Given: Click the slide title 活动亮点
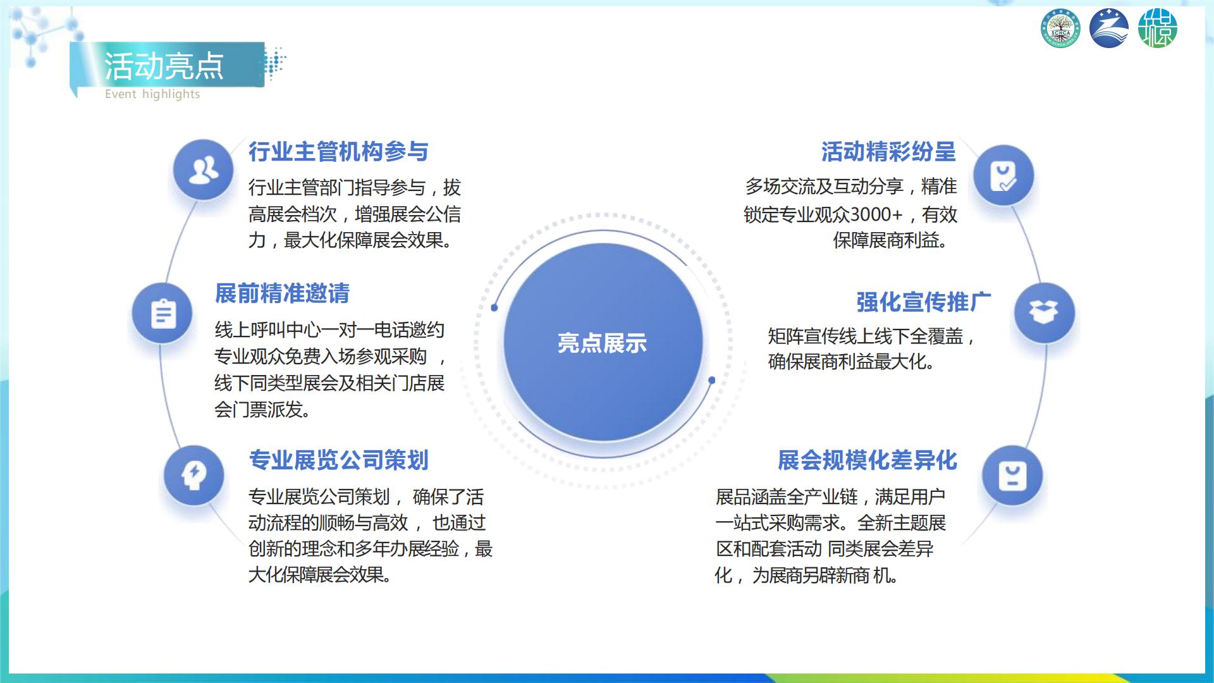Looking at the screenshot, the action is pyautogui.click(x=164, y=66).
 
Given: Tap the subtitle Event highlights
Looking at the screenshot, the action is pyautogui.click(x=152, y=94).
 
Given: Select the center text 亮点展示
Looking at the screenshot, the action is pyautogui.click(x=602, y=343).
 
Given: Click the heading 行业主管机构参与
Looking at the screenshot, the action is pyautogui.click(x=338, y=152).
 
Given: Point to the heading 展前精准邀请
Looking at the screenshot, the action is pyautogui.click(x=282, y=293).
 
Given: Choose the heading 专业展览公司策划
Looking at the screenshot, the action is pyautogui.click(x=338, y=460).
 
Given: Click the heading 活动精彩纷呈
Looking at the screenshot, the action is pyautogui.click(x=888, y=152).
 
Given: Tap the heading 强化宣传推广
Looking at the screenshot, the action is pyautogui.click(x=924, y=302).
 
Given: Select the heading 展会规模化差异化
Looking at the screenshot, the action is pyautogui.click(x=868, y=460).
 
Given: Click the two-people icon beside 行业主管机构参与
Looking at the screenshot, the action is pyautogui.click(x=204, y=170).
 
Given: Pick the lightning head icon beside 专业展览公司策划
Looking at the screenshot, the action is pyautogui.click(x=193, y=476).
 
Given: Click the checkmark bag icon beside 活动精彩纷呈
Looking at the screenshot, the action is pyautogui.click(x=1003, y=176).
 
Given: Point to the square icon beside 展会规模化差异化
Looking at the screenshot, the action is pyautogui.click(x=1012, y=476).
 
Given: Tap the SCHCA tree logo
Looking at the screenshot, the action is pyautogui.click(x=1061, y=29).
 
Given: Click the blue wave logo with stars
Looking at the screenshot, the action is pyautogui.click(x=1109, y=29).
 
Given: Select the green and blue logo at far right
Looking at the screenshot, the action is pyautogui.click(x=1158, y=29).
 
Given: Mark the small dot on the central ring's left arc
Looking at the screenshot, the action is pyautogui.click(x=494, y=308).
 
